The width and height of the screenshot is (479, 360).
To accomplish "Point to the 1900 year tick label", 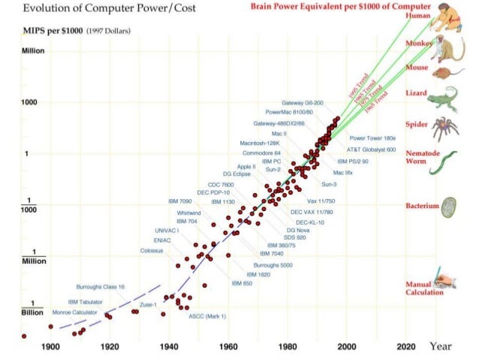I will click(50, 347).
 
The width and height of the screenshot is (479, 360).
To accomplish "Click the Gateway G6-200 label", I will click(303, 102).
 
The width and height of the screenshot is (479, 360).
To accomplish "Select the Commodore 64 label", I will click(261, 153).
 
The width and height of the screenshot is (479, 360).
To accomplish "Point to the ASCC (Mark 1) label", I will click(206, 316).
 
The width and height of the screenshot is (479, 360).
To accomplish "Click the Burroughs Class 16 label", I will click(101, 287).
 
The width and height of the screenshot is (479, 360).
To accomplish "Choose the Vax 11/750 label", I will click(321, 201).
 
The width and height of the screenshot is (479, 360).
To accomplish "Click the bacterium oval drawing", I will click(449, 205).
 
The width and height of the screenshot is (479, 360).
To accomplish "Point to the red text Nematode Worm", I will click(417, 157).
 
